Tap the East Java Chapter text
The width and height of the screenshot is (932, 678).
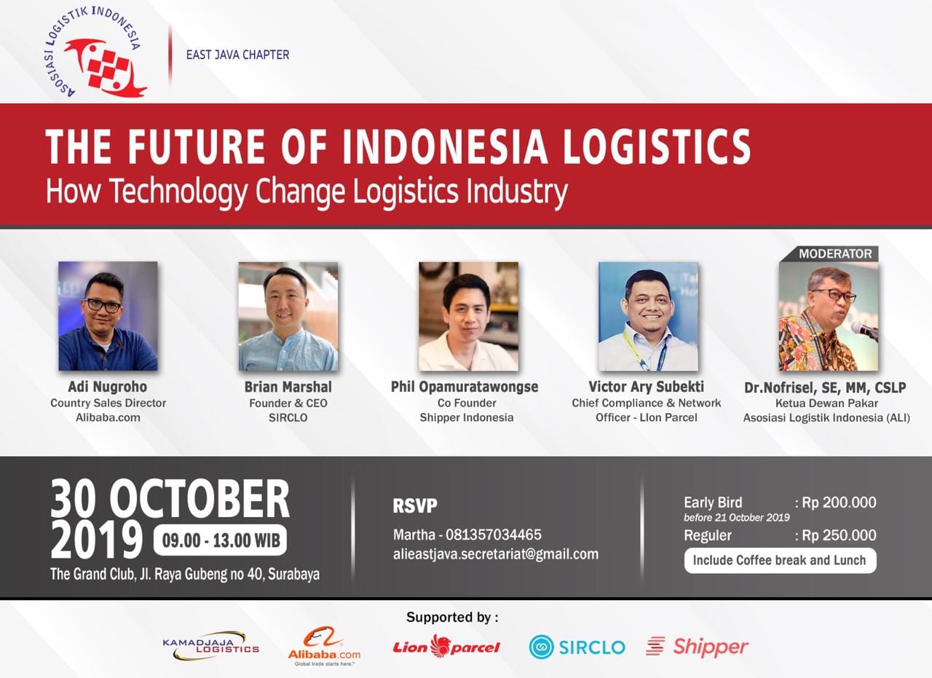coord(237,55)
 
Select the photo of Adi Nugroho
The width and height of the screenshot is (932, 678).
coord(108,316)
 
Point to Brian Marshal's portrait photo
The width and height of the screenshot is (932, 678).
coord(288,316)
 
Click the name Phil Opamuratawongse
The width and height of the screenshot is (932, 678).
coord(465,387)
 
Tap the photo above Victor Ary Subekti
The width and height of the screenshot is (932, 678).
coord(647,316)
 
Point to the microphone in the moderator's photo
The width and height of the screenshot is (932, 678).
coord(864,329)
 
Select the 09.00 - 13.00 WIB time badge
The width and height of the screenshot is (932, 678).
coord(219,540)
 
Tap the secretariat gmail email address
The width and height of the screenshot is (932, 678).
coord(495,553)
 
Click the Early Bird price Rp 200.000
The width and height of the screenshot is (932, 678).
coord(839,502)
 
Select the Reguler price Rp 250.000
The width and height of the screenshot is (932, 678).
coord(839,535)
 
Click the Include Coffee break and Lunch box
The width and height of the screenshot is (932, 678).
coord(779,560)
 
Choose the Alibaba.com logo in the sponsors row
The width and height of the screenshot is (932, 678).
coord(324,645)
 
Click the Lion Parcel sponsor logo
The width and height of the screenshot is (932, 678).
coord(446,646)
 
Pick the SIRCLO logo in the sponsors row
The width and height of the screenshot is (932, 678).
coord(577,647)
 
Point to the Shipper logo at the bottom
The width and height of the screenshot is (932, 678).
coord(697,646)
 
